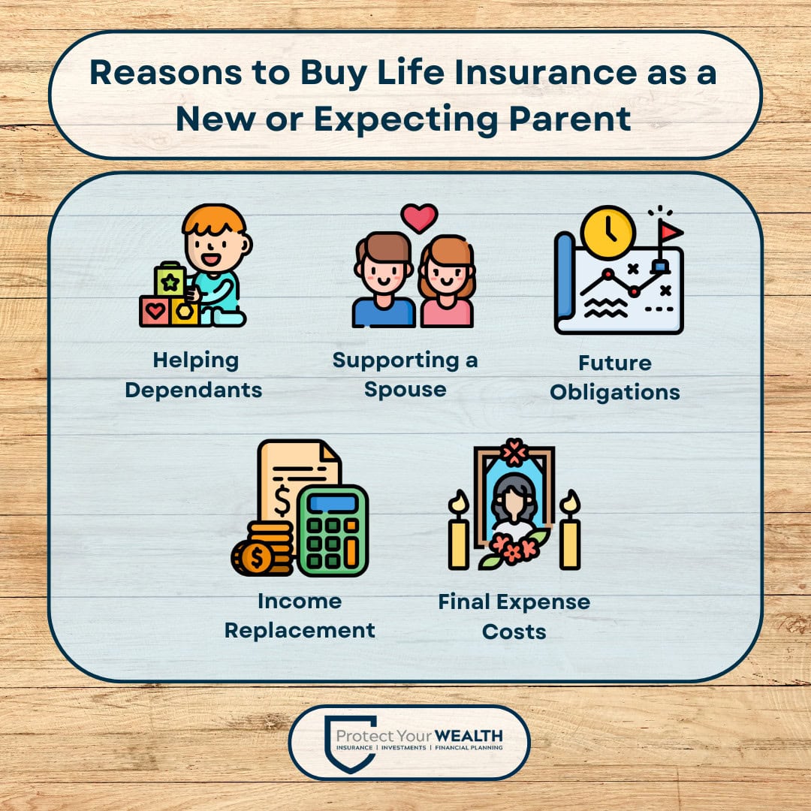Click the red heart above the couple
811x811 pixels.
419,217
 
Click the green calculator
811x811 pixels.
333,530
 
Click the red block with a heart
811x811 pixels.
155,311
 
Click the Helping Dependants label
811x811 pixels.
194,375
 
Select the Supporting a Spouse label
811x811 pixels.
405,374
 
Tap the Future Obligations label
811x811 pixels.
615,377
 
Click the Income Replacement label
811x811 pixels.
300,615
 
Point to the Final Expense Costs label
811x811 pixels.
514,616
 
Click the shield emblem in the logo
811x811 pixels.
349,743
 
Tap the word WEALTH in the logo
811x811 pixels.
472,735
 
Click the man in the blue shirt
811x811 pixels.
383,282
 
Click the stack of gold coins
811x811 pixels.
263,550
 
